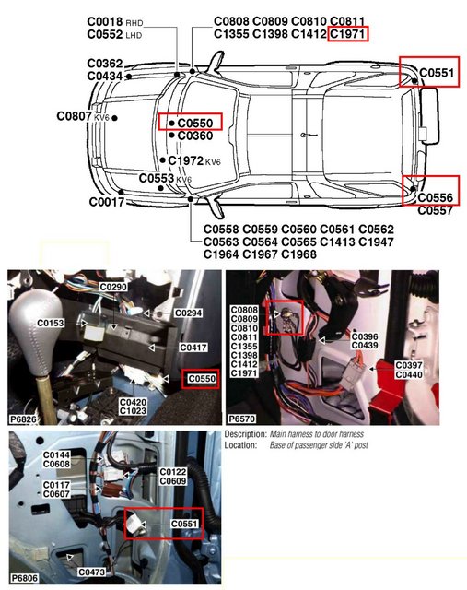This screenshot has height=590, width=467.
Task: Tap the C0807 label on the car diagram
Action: (74, 116)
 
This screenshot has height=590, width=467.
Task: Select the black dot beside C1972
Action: (162, 160)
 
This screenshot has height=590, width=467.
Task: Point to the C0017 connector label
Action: (107, 202)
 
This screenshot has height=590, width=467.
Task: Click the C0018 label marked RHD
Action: (105, 22)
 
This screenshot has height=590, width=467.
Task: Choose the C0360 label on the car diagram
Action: (194, 136)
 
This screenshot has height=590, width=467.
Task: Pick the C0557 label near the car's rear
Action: (435, 210)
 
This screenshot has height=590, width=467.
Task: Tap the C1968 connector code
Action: (298, 254)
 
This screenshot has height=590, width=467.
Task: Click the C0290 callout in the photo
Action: (113, 287)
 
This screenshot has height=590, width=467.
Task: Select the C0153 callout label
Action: (51, 323)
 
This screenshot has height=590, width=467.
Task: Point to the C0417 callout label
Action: (193, 348)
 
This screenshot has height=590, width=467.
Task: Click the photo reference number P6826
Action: (23, 419)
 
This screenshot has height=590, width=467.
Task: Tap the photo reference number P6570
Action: (241, 419)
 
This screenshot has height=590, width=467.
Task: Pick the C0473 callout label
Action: (92, 572)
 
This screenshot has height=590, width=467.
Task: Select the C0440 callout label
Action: (409, 374)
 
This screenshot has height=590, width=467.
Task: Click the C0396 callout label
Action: (365, 336)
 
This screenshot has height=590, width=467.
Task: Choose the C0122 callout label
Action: (173, 472)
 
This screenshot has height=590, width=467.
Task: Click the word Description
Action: (246, 434)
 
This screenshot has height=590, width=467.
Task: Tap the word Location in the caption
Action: (240, 445)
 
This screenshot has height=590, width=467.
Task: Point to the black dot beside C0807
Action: (115, 118)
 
